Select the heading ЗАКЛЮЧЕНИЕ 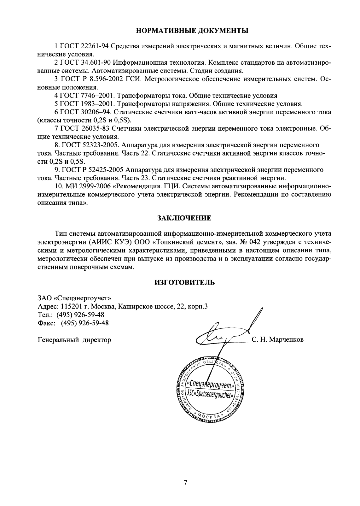[x=184, y=218]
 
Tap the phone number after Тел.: [x=80, y=315]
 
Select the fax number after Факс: [x=85, y=323]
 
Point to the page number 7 [x=185, y=483]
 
